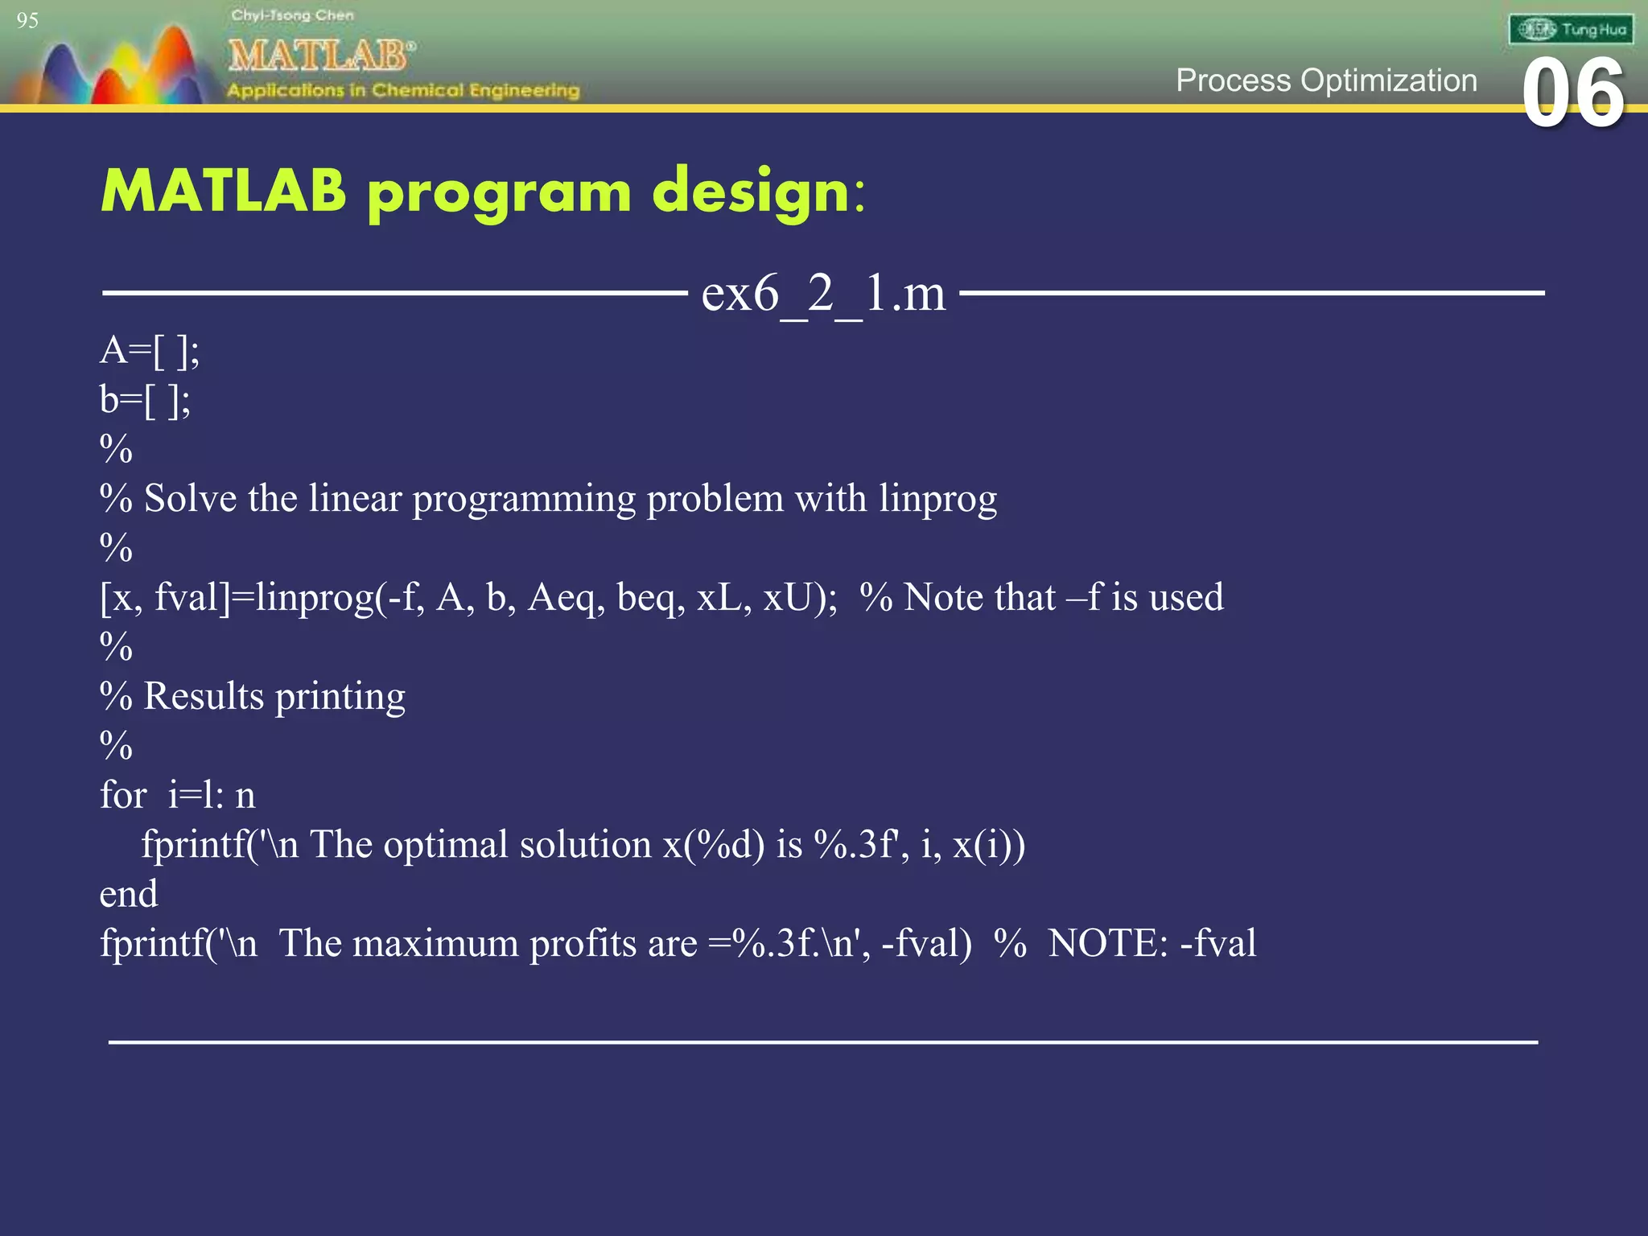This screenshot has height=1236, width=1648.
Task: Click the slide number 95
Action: [27, 21]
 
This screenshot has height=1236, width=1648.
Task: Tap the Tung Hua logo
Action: [1571, 30]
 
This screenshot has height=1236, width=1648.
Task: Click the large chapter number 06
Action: [1573, 93]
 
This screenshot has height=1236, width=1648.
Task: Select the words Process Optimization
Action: [1326, 80]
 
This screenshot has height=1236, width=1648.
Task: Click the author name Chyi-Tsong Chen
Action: [292, 15]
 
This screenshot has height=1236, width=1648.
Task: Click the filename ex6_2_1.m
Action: [823, 294]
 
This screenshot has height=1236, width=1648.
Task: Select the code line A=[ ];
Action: [150, 351]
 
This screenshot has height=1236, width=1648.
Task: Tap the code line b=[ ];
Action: [145, 400]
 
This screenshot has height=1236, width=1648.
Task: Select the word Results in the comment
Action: [204, 696]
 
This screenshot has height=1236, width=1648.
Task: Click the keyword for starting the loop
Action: [122, 796]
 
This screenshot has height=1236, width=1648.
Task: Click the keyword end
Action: [129, 894]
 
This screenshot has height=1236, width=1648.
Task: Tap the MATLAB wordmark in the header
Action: [320, 56]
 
